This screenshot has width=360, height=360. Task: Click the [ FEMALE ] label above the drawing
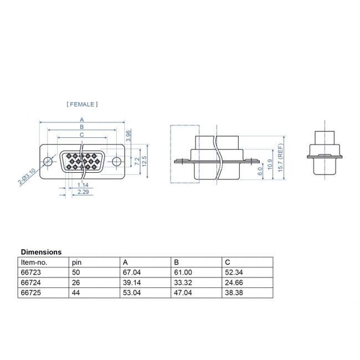tap(82, 104)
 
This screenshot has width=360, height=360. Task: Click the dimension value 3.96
tap(128, 136)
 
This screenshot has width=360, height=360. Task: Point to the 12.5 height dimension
tap(144, 161)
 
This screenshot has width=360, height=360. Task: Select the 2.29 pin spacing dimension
tap(83, 191)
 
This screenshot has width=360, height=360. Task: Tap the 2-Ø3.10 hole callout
tap(27, 177)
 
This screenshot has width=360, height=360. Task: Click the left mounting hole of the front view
tap(49, 161)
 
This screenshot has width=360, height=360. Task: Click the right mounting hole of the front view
tap(117, 161)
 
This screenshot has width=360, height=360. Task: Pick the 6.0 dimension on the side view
tap(261, 172)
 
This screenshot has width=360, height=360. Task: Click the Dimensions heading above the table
tap(41, 251)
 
